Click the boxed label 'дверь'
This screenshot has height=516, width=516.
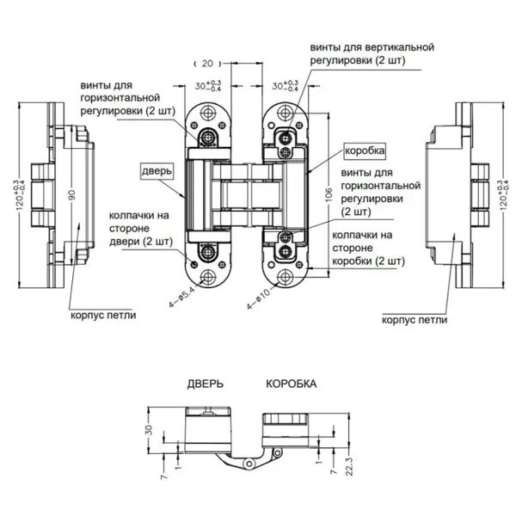tap(157, 171)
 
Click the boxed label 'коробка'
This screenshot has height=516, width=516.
tap(365, 151)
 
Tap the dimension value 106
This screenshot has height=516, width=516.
tap(329, 194)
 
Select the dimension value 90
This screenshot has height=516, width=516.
tap(72, 194)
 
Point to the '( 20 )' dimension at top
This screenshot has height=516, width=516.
tap(207, 63)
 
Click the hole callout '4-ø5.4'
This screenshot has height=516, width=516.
tap(181, 296)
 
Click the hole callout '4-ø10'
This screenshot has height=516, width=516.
tap(258, 298)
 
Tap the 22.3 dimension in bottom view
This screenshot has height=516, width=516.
tap(349, 466)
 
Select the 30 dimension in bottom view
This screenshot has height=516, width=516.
tap(149, 429)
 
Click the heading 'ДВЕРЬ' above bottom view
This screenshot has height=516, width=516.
tap(206, 384)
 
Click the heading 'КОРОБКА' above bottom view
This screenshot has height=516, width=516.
tap(292, 384)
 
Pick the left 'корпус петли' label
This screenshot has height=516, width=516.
tap(103, 316)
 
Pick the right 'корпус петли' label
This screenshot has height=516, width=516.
tap(415, 320)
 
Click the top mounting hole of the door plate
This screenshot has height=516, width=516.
tap(207, 113)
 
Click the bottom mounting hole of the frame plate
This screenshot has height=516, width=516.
tap(285, 278)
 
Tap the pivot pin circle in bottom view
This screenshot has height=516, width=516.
tap(249, 464)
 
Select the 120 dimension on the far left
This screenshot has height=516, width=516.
tap(21, 195)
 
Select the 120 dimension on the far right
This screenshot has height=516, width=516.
tap(504, 195)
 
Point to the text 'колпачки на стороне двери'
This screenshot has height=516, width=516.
tap(140, 229)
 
